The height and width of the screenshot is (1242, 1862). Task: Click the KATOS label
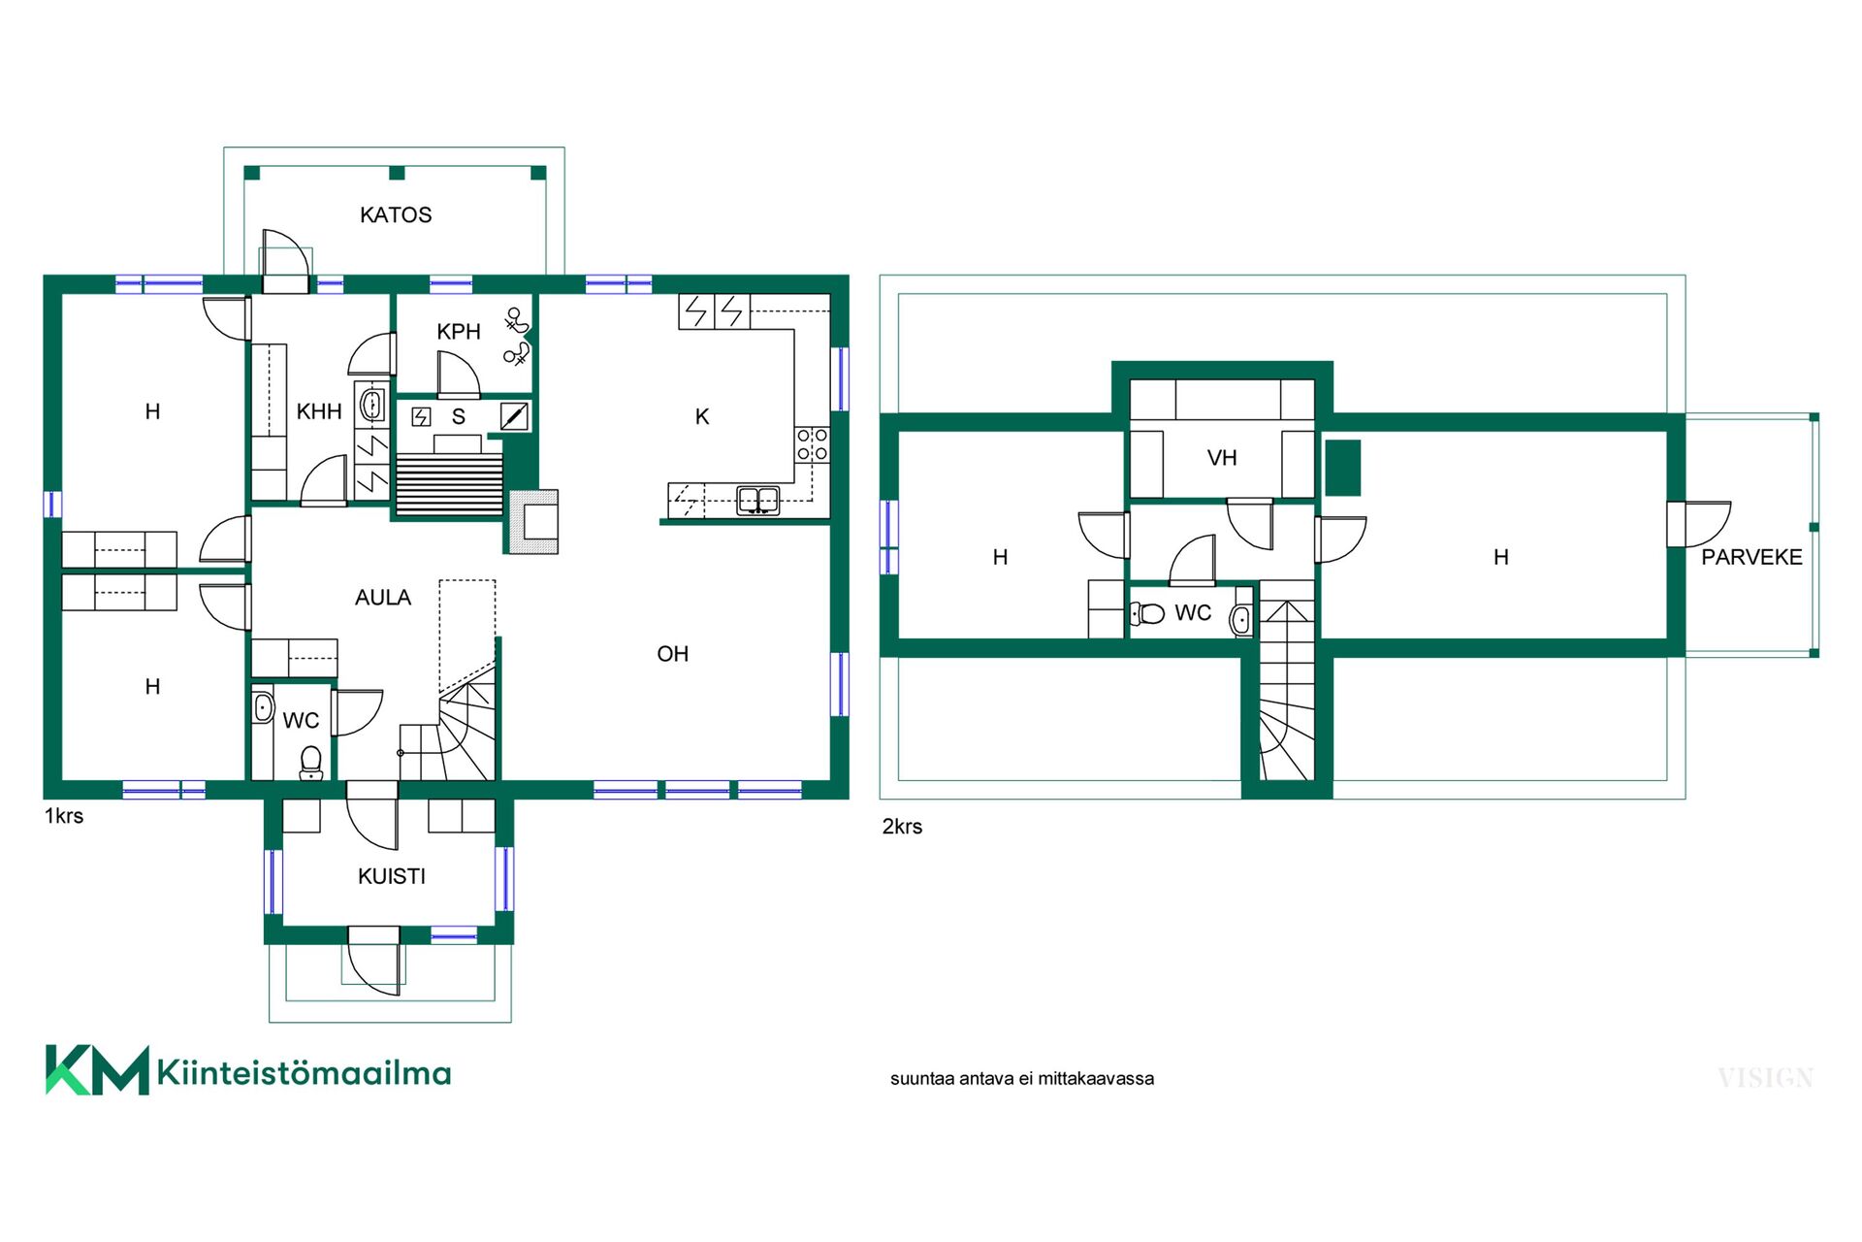(x=396, y=214)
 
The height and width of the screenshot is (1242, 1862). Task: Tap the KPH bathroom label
(x=459, y=332)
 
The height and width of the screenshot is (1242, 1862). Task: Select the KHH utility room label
(x=319, y=411)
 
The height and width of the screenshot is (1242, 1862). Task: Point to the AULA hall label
(x=383, y=598)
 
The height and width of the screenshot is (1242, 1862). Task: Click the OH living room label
(x=673, y=654)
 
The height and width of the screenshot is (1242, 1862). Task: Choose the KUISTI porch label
(x=392, y=876)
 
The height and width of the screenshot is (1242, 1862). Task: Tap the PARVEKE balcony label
(x=1751, y=557)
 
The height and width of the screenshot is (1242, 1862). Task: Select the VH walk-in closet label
(x=1222, y=458)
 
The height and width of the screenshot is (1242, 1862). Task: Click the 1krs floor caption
(x=64, y=816)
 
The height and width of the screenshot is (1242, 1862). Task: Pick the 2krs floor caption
(x=902, y=827)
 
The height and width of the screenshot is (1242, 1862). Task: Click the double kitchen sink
(x=758, y=501)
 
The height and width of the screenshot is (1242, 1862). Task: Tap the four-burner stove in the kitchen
(x=813, y=444)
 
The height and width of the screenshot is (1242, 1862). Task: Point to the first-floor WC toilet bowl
(x=311, y=762)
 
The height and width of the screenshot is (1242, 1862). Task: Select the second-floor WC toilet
(x=1148, y=613)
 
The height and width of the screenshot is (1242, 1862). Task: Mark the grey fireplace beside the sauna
(x=531, y=522)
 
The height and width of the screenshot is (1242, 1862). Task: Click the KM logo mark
(x=97, y=1070)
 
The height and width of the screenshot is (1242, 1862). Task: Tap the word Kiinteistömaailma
(x=304, y=1072)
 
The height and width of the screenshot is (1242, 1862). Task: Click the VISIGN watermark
(x=1765, y=1078)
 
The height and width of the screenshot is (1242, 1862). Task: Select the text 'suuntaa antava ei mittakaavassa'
(x=1022, y=1079)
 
